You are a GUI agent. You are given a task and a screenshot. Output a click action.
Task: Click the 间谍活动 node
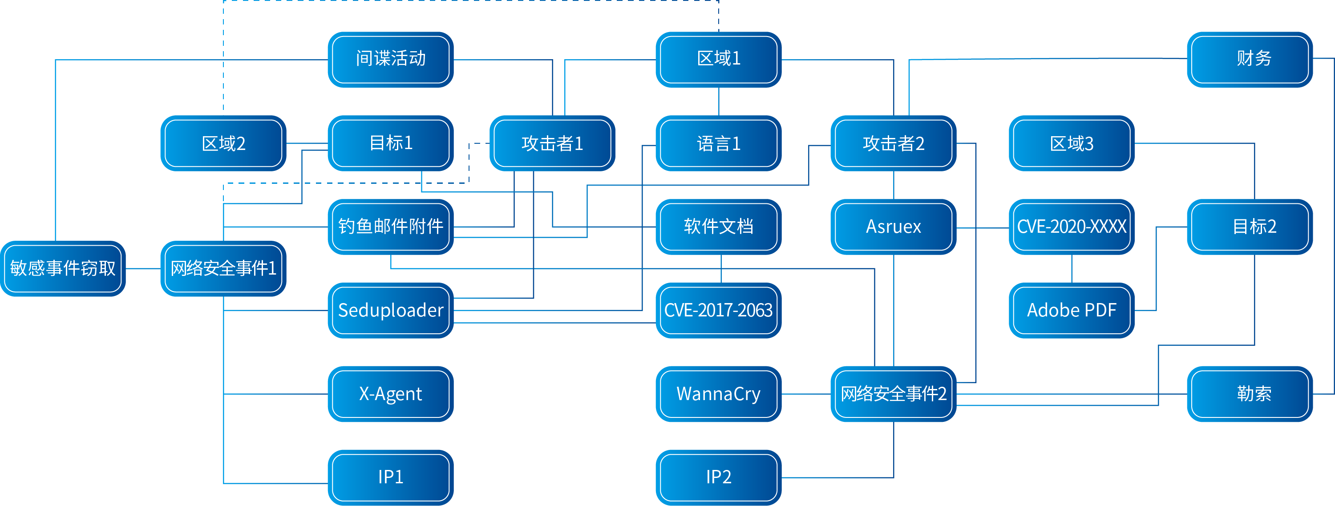coord(391,59)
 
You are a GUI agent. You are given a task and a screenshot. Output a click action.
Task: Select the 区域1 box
coord(718,59)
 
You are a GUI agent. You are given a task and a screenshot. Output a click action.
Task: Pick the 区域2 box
coord(223,143)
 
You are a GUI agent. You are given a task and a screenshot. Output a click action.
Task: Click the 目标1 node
coord(391,143)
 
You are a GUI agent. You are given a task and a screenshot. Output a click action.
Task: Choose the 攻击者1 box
coord(552,143)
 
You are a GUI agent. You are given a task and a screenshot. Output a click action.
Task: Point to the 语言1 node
coord(718,143)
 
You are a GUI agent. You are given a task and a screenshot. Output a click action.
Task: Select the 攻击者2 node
coord(893,143)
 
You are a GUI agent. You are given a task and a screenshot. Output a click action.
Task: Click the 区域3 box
coord(1071,143)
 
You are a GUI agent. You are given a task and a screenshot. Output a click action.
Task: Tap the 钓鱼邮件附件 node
coord(391,227)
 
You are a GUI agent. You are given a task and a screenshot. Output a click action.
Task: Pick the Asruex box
coord(893,227)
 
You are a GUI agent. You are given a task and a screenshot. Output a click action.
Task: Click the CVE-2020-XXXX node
coord(1071,227)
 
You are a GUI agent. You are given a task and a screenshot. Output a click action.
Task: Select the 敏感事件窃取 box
coord(63,268)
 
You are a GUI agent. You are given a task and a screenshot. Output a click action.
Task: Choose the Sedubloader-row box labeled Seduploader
coord(391,310)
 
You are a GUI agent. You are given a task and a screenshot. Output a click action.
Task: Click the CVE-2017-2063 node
coord(718,310)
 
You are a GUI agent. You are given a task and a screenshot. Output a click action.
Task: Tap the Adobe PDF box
coord(1071,310)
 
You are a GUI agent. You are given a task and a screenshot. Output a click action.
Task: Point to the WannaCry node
coord(718,394)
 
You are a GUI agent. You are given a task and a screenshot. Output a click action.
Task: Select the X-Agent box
coord(391,394)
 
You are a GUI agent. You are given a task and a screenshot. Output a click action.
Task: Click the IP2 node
coord(718,477)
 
